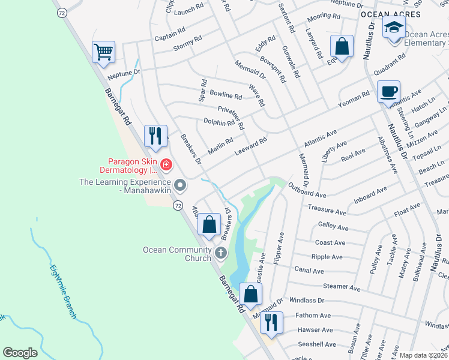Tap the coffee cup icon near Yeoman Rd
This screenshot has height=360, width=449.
pyautogui.click(x=388, y=91)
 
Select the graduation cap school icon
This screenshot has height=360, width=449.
pyautogui.click(x=394, y=28)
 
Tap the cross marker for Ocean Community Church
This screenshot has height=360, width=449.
pyautogui.click(x=220, y=253)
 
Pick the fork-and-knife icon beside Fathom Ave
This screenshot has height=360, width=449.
pyautogui.click(x=271, y=322)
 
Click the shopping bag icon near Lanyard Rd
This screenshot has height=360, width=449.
pyautogui.click(x=342, y=46)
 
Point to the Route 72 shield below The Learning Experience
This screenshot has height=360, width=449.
pyautogui.click(x=178, y=206)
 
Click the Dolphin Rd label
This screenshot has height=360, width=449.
pyautogui.click(x=218, y=123)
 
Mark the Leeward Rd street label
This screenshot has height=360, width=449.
pyautogui.click(x=250, y=146)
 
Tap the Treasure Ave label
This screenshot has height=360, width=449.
pyautogui.click(x=327, y=211)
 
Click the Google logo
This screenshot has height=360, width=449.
pyautogui.click(x=20, y=353)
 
